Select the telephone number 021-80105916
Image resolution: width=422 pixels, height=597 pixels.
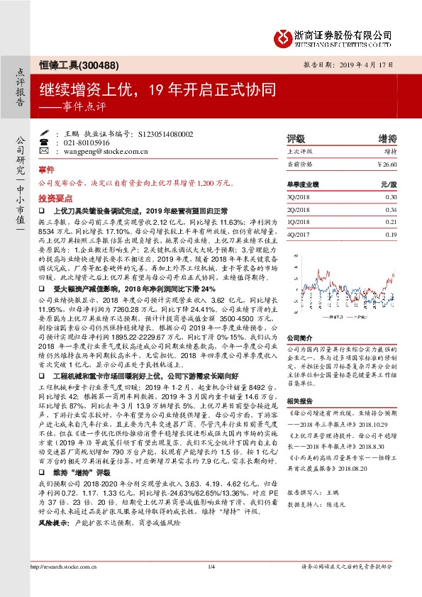[x=84, y=143]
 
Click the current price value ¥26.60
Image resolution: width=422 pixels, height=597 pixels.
[x=387, y=165]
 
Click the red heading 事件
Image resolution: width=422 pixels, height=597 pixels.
[x=46, y=170]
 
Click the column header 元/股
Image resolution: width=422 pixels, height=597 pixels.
[x=387, y=184]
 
